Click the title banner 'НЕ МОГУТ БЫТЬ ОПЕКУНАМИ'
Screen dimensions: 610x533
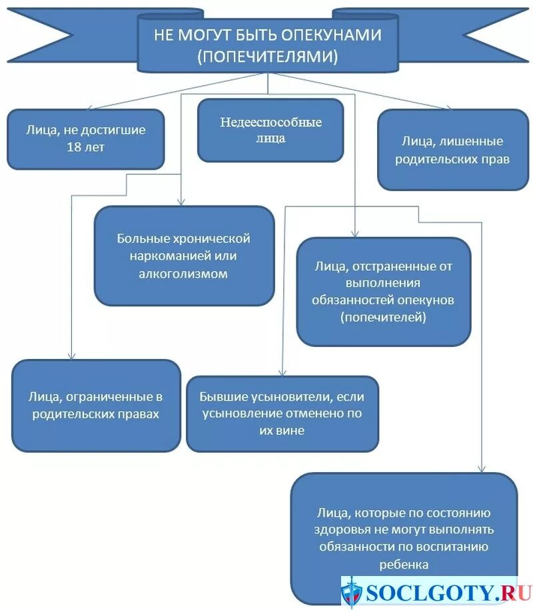(267, 45)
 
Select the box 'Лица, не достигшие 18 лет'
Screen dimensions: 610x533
(86, 139)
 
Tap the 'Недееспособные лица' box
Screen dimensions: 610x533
(270, 131)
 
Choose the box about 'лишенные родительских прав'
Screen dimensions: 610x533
(452, 151)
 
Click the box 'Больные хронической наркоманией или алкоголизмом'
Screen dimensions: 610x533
(184, 256)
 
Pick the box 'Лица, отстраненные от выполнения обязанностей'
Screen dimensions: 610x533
(383, 292)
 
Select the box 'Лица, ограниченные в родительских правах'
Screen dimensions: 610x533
(96, 405)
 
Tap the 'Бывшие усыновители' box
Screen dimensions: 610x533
(282, 414)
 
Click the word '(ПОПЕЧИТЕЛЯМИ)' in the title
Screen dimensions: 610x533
(267, 57)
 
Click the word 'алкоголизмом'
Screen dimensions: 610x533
(184, 273)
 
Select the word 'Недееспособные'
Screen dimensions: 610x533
(270, 123)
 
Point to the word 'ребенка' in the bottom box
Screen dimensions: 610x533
(404, 565)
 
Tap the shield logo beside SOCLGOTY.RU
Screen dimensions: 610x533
(352, 593)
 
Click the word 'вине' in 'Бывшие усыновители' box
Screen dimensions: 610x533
(292, 431)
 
